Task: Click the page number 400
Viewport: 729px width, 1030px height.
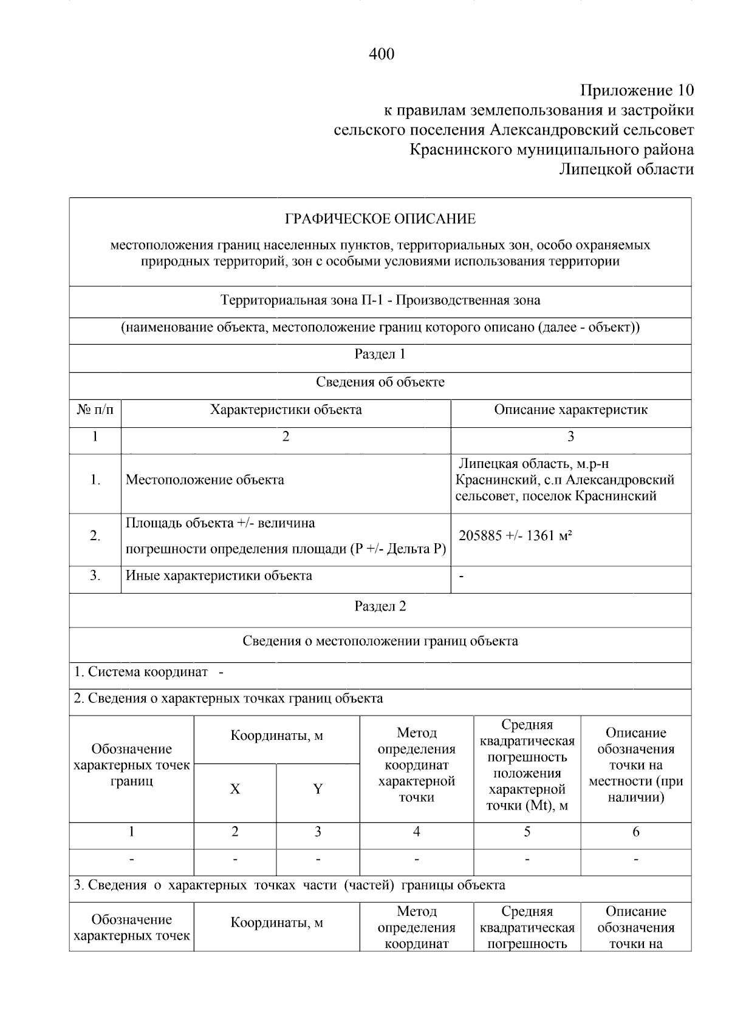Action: click(382, 55)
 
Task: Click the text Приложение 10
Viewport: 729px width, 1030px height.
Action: click(637, 91)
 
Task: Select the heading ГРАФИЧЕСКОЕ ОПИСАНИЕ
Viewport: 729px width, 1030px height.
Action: click(380, 219)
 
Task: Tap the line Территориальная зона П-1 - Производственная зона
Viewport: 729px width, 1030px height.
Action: click(380, 300)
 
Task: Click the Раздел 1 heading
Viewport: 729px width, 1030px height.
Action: click(380, 354)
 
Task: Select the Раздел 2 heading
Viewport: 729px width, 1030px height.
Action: click(380, 606)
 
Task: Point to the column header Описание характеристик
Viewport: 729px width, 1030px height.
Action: click(570, 410)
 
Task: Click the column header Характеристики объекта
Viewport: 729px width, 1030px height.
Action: click(286, 410)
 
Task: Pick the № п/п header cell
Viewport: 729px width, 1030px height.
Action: click(95, 410)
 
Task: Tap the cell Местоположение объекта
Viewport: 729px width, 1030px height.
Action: click(205, 480)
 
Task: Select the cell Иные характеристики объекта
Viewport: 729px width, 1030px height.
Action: click(219, 575)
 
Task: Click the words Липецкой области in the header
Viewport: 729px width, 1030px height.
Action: click(626, 169)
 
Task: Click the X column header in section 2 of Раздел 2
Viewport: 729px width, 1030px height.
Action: click(235, 789)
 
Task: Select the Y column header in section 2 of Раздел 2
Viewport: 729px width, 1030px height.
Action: click(318, 789)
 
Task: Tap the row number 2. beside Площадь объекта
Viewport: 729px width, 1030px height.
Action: click(95, 536)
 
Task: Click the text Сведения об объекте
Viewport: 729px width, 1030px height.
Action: click(380, 382)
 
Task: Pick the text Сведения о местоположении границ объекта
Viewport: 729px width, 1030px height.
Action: click(380, 641)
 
